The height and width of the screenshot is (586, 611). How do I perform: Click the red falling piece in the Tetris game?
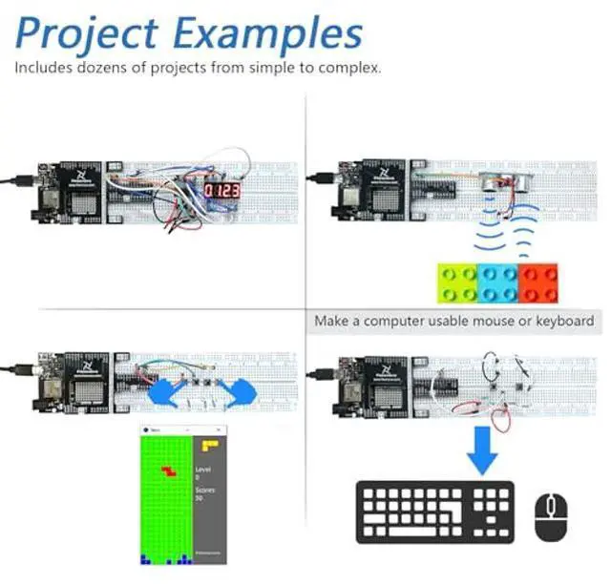tap(170, 471)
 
